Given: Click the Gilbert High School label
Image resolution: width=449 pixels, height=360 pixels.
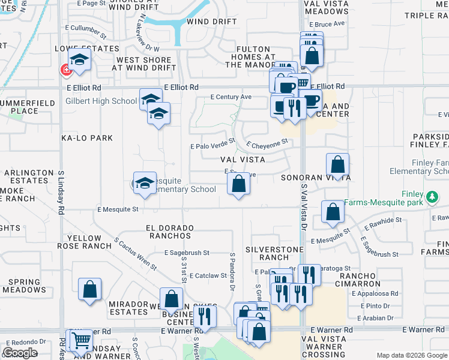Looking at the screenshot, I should click(101, 101).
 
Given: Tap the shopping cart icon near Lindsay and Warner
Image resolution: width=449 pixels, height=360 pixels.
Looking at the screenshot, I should click(80, 341).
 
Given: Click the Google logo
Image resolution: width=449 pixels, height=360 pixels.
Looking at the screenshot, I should click(20, 353).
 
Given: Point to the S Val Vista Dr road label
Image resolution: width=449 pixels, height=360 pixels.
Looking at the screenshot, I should click(303, 208).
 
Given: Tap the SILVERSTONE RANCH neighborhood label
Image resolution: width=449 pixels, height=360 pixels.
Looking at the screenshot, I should click(271, 253).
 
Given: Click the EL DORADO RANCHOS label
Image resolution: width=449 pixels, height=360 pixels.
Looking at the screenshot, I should click(170, 232).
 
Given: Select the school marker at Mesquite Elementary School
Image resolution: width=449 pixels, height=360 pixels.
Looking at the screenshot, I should click(144, 184).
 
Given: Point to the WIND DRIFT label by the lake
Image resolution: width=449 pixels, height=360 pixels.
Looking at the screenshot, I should click(207, 22).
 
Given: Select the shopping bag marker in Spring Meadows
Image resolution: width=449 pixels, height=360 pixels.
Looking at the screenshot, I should click(90, 289).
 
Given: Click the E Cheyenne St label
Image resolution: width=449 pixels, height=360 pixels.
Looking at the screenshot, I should click(267, 143).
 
